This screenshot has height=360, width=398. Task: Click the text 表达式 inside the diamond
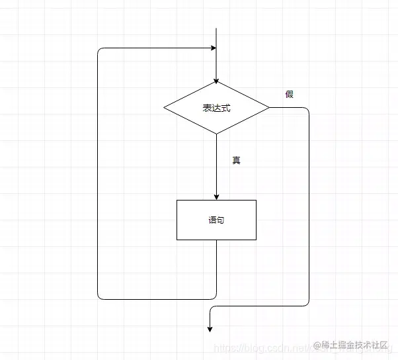[x=216, y=107]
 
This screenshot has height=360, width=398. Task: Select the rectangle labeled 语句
[x=216, y=220]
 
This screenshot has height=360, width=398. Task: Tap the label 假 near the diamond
[x=290, y=94]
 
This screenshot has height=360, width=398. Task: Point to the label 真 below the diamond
[x=236, y=160]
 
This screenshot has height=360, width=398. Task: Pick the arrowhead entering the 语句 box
[x=216, y=197]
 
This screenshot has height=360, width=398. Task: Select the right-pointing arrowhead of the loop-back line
[x=213, y=48]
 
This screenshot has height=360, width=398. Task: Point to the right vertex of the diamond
[x=269, y=107]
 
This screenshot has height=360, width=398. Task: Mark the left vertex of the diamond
[x=164, y=107]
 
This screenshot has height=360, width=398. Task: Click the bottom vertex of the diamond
[x=216, y=134]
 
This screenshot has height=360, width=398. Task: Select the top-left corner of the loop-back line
[x=99, y=49]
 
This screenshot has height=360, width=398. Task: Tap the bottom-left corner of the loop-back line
[x=99, y=298]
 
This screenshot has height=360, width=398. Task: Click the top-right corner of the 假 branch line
[x=308, y=108]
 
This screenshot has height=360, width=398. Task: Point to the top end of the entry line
[x=216, y=28]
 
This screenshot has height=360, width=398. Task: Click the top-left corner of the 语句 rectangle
[x=177, y=200]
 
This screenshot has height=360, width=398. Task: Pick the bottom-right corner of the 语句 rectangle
[x=256, y=240]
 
